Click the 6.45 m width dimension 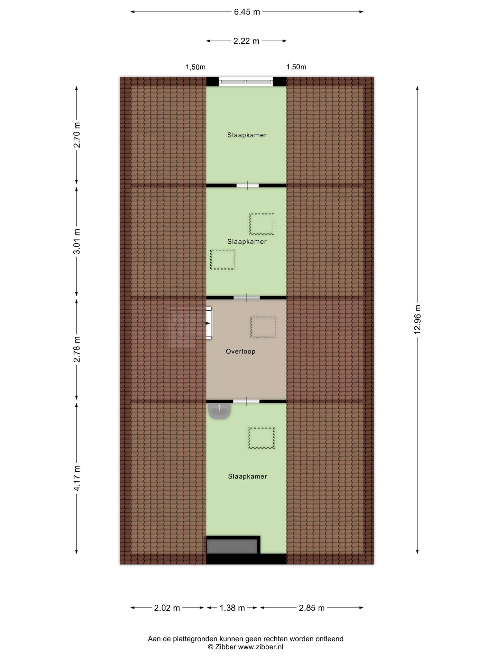click(247, 12)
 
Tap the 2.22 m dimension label click(246, 41)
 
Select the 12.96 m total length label click(417, 319)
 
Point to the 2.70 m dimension click(77, 135)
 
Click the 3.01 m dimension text click(77, 241)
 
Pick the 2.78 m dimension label click(77, 349)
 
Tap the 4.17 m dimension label click(77, 478)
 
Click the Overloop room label click(241, 351)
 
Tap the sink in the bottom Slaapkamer click(219, 411)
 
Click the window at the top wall click(246, 82)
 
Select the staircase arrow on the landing click(208, 323)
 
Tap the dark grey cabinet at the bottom click(232, 546)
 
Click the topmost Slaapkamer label click(247, 135)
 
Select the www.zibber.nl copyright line click(245, 647)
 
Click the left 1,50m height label click(196, 67)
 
